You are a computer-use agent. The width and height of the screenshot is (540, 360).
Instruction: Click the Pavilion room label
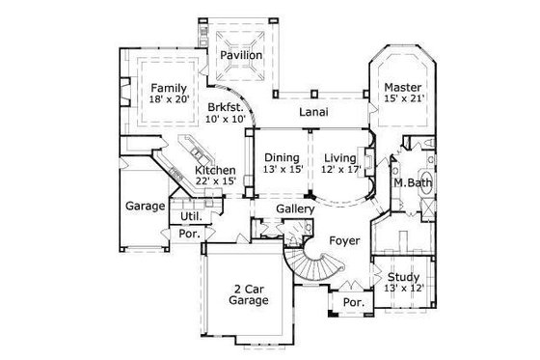pyautogui.click(x=240, y=56)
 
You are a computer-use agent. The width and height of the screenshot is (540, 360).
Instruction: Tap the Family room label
pyautogui.click(x=169, y=87)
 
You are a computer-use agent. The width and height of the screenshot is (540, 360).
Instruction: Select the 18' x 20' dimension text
pyautogui.click(x=169, y=99)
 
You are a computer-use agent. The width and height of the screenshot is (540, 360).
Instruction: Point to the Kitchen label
pyautogui.click(x=215, y=170)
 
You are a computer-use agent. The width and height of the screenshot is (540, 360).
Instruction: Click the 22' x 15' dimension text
pyautogui.click(x=215, y=182)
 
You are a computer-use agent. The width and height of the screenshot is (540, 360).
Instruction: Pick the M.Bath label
pyautogui.click(x=412, y=183)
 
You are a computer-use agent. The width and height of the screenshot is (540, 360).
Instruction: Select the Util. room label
pyautogui.click(x=191, y=217)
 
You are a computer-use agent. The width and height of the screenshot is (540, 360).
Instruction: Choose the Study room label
pyautogui.click(x=402, y=276)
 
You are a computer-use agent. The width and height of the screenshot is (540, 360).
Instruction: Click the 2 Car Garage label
pyautogui.click(x=250, y=293)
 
